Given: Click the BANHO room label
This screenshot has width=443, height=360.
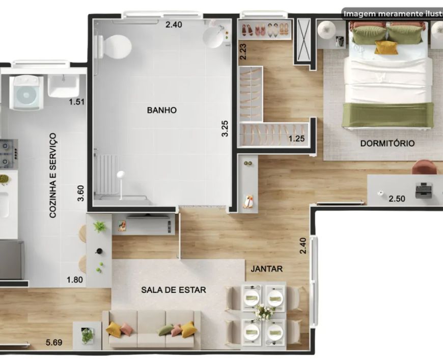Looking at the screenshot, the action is point(161,110).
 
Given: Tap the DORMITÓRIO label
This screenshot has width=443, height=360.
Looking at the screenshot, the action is point(387,143).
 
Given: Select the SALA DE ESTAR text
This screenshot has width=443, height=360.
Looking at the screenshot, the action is point(174,290).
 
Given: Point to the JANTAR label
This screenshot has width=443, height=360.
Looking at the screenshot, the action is point(266,269).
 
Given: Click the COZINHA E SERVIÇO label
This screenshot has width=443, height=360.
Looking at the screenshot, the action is point(53,176).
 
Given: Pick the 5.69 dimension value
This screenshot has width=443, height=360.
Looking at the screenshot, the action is point(54,343).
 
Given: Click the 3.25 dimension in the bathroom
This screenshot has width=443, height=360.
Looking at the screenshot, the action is point(225,129).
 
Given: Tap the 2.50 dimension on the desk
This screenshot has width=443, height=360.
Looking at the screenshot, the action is point(397,199).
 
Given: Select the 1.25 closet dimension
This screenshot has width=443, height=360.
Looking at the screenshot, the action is point(296,139).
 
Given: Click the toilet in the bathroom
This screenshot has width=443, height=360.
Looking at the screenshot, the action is point(114,47).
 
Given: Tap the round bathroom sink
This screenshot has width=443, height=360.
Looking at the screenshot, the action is point(213,37).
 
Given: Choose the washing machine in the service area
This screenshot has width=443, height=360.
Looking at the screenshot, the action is point(26,93).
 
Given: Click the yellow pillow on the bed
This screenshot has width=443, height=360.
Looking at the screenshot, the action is point(385,47).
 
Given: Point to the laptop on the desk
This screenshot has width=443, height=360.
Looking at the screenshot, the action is point(424,190).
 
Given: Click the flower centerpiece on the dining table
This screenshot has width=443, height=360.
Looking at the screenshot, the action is point(264,312).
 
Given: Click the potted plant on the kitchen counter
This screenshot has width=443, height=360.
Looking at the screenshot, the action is point(99,226).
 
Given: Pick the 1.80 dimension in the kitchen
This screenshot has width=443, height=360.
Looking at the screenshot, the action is point(74,280).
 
